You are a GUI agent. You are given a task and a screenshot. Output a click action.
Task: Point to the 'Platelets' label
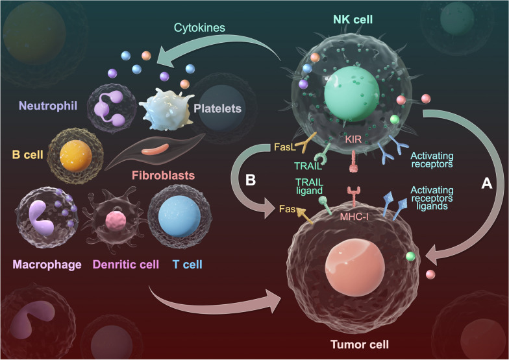219,109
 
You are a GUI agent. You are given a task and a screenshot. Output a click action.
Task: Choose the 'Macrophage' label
47,264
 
